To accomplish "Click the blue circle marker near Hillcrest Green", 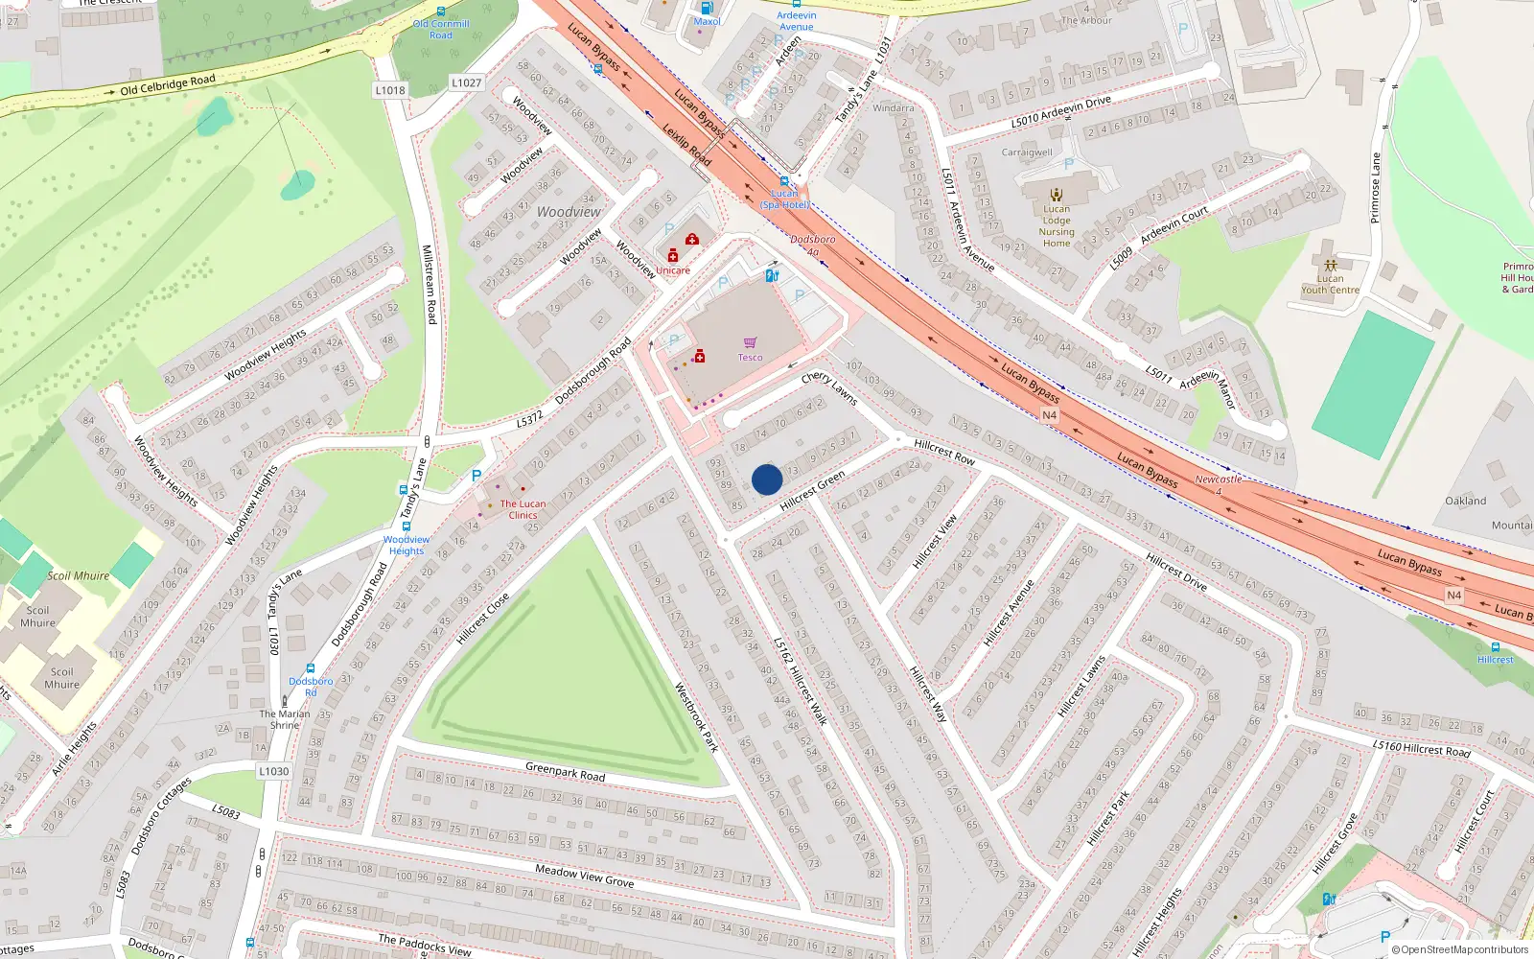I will pyautogui.click(x=767, y=479).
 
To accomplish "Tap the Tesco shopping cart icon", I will pyautogui.click(x=751, y=342).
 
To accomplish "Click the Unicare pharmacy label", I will pyautogui.click(x=673, y=270).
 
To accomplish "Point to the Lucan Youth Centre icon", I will pyautogui.click(x=1330, y=266).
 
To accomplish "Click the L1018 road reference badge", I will pyautogui.click(x=390, y=90).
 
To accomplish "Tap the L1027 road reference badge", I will pyautogui.click(x=467, y=83).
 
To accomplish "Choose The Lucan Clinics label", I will pyautogui.click(x=523, y=509).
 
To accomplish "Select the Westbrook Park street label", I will pyautogui.click(x=696, y=716).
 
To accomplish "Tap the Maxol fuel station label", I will pyautogui.click(x=707, y=21).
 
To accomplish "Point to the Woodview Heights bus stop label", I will pyautogui.click(x=407, y=545).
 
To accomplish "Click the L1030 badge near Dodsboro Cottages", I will pyautogui.click(x=273, y=771).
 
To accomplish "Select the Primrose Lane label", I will pyautogui.click(x=1375, y=188).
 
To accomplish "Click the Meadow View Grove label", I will pyautogui.click(x=584, y=875).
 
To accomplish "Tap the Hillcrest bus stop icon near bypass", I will pyautogui.click(x=1495, y=647).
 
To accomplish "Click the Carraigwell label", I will pyautogui.click(x=1027, y=152).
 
